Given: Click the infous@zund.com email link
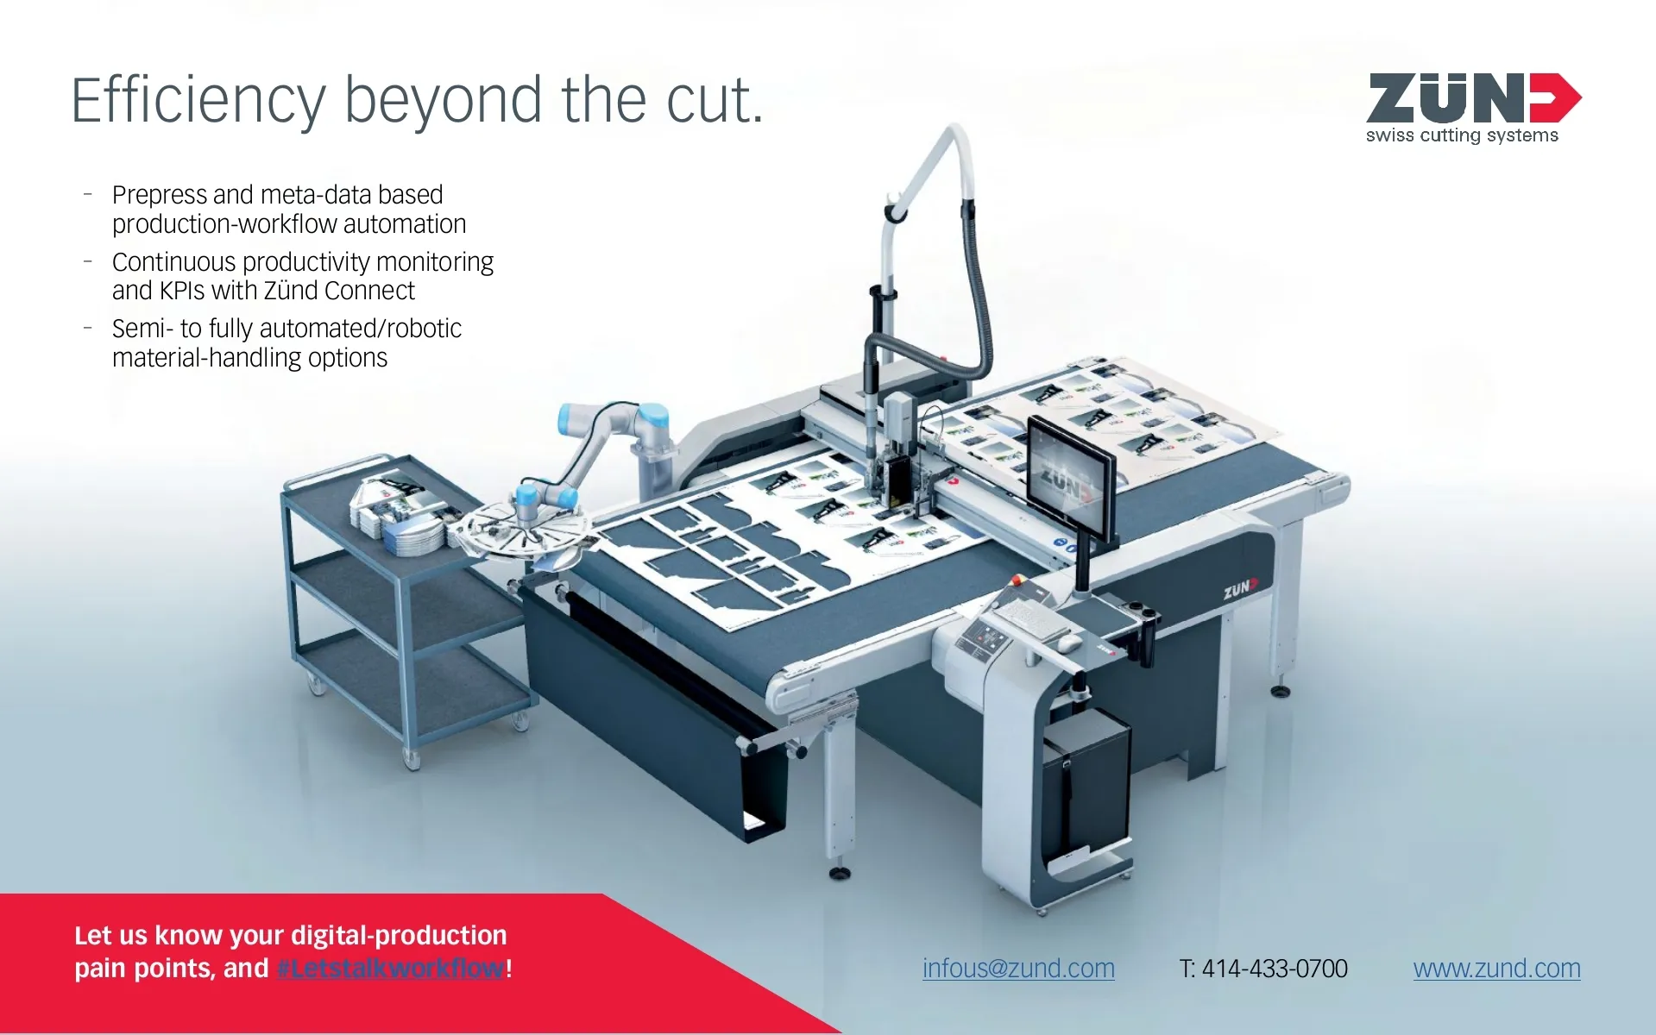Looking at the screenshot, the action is tap(1018, 969).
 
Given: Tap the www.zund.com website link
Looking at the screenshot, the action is tap(1496, 969).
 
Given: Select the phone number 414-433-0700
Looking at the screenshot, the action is tap(1275, 969).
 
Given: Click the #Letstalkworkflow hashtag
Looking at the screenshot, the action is tap(391, 968).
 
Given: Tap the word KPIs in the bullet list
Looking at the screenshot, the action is tap(182, 291).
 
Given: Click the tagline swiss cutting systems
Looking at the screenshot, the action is tap(1462, 135).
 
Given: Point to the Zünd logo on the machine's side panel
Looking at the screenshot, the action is tap(1241, 589).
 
